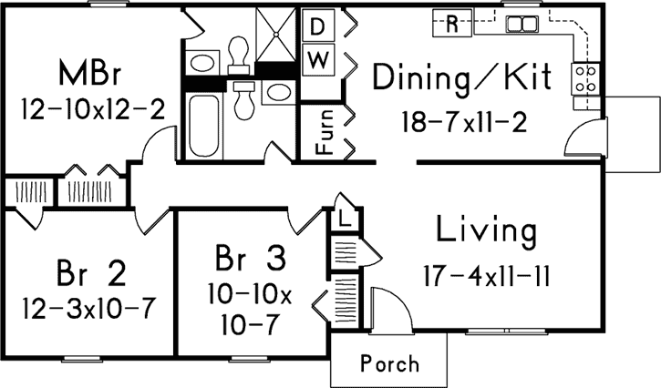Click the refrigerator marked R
(x=451, y=24)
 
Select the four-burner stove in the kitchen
(x=584, y=78)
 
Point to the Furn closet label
(x=323, y=132)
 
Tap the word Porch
(x=389, y=364)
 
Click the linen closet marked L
(x=346, y=219)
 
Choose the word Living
(x=485, y=231)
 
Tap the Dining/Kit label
(x=461, y=77)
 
